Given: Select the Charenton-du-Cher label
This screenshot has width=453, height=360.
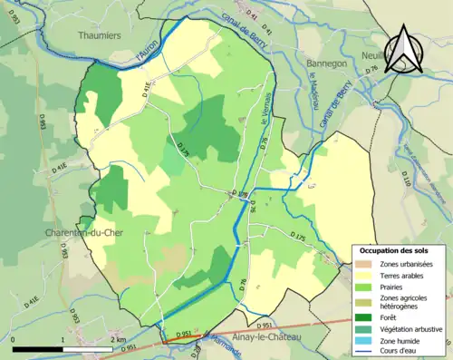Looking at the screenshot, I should point(82,233).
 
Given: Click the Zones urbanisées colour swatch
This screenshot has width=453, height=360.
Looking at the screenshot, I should point(366,263).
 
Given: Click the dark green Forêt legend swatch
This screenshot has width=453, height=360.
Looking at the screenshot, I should point(366,317).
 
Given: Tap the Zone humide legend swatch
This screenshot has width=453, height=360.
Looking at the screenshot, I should point(366,341).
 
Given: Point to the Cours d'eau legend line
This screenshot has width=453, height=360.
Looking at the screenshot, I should point(366,353).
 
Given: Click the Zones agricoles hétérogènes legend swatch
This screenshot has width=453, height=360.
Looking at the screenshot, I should point(366,301).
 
